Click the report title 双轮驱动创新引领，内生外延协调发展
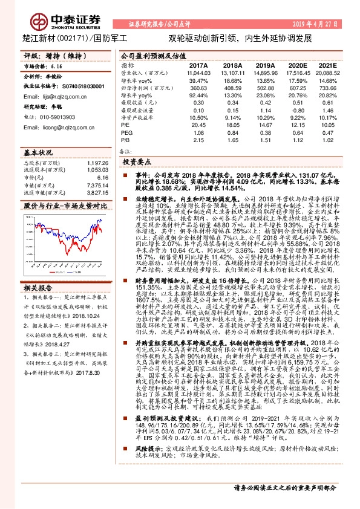coord(240,37)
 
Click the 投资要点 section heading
coord(137,163)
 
